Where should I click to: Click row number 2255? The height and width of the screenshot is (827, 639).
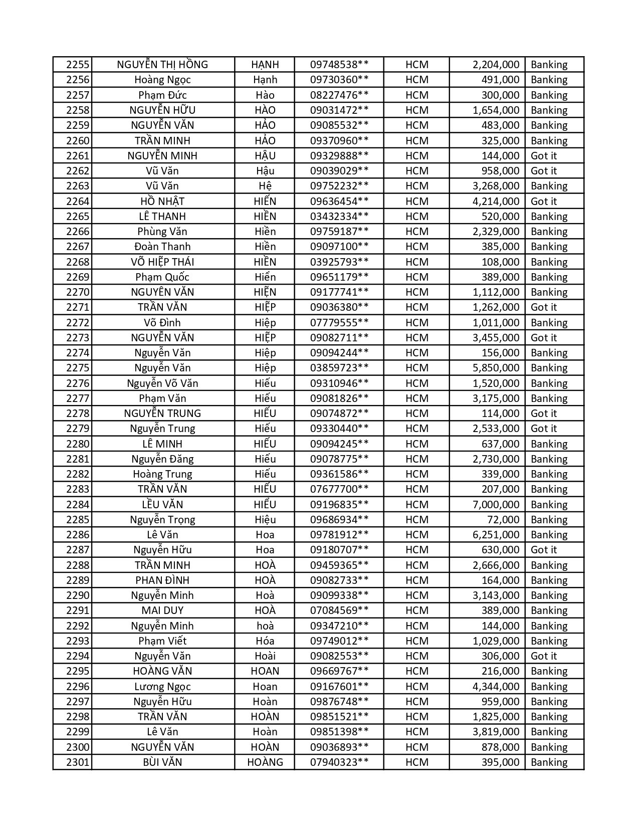coord(78,65)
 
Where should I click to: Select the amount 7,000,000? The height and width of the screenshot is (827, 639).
coord(496,504)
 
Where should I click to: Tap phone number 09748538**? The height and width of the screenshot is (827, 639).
coord(339,65)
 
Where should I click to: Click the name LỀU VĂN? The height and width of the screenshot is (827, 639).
coord(162,504)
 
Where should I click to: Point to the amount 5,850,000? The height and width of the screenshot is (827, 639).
coord(496,368)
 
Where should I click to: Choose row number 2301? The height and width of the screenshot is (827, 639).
coord(78,762)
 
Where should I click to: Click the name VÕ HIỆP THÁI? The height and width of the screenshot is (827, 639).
coord(162,262)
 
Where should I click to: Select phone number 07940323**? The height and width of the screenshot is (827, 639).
coord(339,762)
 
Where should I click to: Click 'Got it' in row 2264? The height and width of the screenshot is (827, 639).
coord(544,201)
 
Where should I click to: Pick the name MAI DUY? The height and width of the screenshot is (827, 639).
coord(162,610)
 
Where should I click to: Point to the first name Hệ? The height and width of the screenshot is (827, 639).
coord(265,186)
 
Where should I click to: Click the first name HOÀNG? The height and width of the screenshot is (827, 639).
coord(265,762)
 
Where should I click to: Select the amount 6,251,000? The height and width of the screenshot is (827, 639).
coord(496,535)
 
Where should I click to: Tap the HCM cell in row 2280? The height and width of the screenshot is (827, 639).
coord(417,444)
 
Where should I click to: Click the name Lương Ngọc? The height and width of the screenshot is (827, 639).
coord(162,686)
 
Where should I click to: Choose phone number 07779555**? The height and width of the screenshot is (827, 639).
coord(339,322)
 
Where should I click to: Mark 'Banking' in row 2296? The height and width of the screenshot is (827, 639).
coord(549,686)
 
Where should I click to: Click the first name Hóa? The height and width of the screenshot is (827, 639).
coord(265,641)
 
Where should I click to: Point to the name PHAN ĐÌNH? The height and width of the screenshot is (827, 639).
coord(162,580)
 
